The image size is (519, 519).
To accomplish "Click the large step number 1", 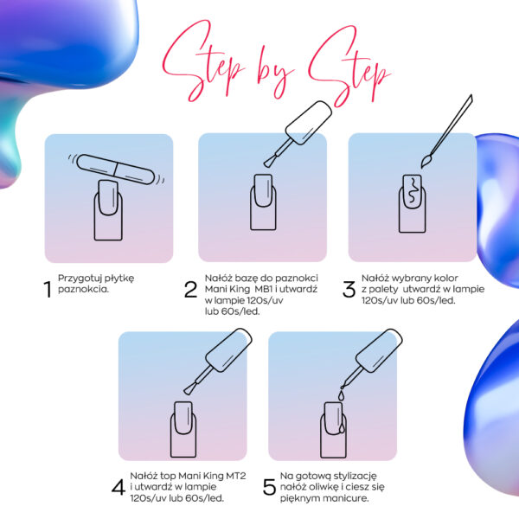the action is tap(48, 289).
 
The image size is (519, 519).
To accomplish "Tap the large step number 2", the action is tap(190, 289).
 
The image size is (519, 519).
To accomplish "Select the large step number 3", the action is tap(349, 289).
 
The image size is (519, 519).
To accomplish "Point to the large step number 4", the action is tap(119, 487).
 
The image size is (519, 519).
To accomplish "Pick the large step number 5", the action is tap(269, 487).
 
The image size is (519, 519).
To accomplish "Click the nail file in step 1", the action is tap(116, 170).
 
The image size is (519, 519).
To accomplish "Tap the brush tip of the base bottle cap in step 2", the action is tap(269, 162).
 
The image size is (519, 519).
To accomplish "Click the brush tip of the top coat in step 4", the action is tap(189, 390).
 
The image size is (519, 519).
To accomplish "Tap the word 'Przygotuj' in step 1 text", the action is tap(74, 279).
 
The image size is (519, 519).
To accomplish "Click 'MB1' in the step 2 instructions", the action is tap(264, 289).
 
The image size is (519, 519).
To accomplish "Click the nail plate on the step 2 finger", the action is tap(263, 190).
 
